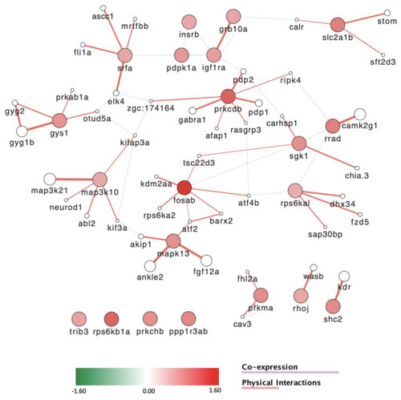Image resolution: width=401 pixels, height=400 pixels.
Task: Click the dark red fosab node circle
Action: pos(184,188)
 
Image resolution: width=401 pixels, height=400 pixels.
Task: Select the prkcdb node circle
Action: pos(228,96)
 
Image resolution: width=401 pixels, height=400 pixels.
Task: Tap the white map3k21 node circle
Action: pos(50,179)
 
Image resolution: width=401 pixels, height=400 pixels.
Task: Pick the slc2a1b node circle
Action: pos(338,25)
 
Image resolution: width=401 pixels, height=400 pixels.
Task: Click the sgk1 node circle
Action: pos(299,143)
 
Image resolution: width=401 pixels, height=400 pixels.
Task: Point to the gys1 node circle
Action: pos(59,120)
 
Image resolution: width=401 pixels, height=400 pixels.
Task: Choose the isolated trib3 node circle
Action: pos(79,319)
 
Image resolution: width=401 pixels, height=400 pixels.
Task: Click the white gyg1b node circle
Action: pos(22,131)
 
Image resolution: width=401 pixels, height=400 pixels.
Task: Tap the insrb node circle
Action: pos(188,22)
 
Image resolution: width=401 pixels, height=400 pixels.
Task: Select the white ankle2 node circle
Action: pos(150,266)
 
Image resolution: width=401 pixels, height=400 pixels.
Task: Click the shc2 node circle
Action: pos(333,306)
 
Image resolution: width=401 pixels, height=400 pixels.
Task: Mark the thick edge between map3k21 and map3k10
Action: pos(75,180)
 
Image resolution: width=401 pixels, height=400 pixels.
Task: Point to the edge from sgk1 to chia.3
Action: pos(330,157)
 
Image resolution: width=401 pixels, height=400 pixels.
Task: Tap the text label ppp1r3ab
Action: pos(188,332)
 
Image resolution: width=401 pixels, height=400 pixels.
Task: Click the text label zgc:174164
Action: pos(151,108)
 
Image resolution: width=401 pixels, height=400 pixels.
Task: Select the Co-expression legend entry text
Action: pos(269,367)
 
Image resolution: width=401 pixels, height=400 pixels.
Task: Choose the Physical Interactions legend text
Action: pos(282,382)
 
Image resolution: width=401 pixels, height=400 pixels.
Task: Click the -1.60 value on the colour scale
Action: pos(79,391)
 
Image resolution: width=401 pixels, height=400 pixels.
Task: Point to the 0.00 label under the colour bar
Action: pos(148,391)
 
